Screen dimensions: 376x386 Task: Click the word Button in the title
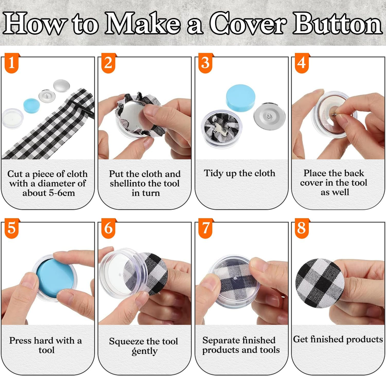(337, 23)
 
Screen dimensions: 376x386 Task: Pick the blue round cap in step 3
(240, 98)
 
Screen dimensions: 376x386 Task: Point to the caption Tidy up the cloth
(240, 174)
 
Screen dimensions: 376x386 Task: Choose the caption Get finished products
(338, 339)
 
